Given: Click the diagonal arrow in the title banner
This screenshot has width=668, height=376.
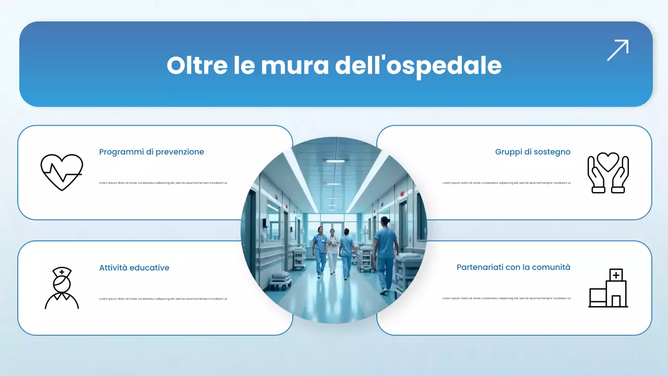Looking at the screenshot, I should pyautogui.click(x=617, y=50).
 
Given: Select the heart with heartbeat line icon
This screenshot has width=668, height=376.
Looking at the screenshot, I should pyautogui.click(x=62, y=172).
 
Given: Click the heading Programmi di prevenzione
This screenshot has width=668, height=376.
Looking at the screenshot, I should pyautogui.click(x=151, y=152).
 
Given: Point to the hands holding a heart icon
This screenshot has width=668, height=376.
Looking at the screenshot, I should pyautogui.click(x=608, y=173).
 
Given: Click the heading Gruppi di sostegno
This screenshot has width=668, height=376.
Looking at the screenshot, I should pyautogui.click(x=532, y=152).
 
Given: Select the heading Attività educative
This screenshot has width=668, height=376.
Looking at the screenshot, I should pyautogui.click(x=134, y=268).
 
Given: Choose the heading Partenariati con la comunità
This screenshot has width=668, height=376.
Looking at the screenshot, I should pyautogui.click(x=513, y=267).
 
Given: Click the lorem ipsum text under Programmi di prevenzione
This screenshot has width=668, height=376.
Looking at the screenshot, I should pyautogui.click(x=163, y=183).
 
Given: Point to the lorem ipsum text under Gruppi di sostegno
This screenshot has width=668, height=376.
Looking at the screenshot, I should pyautogui.click(x=506, y=183).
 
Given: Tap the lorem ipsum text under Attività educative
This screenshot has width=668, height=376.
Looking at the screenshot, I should pyautogui.click(x=163, y=299).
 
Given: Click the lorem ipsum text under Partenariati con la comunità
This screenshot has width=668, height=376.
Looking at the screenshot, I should pyautogui.click(x=506, y=298).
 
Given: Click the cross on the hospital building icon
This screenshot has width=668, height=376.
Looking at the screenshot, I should pyautogui.click(x=616, y=275).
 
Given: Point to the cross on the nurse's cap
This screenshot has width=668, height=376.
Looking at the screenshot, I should pyautogui.click(x=62, y=272).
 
